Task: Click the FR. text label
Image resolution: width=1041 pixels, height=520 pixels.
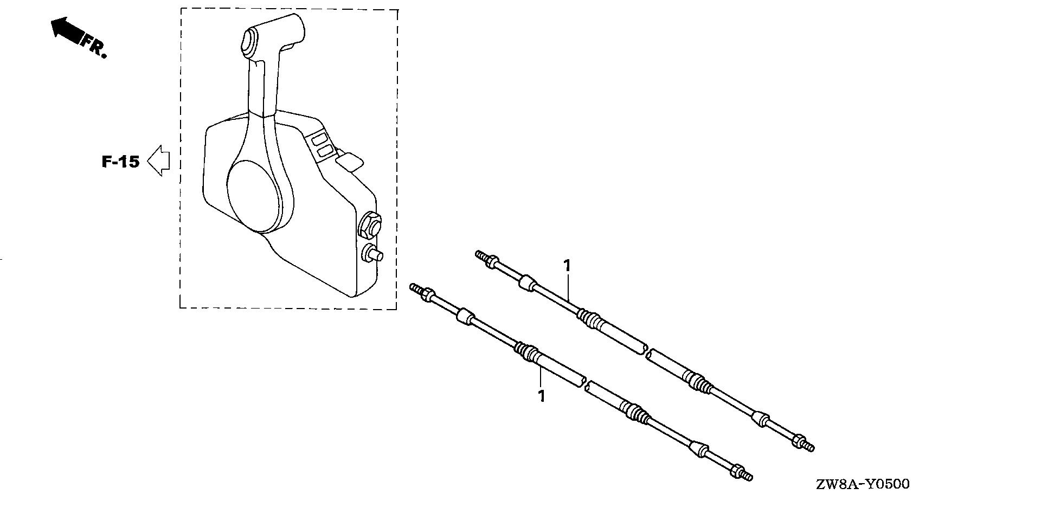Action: tap(94, 46)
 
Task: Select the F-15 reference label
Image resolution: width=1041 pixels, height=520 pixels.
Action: tap(120, 161)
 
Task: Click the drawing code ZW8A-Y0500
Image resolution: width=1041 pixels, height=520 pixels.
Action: tap(863, 483)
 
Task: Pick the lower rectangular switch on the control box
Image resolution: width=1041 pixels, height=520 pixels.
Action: tap(324, 151)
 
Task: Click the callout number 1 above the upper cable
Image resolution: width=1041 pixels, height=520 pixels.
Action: tap(567, 266)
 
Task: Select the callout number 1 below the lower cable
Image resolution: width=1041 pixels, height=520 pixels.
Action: tap(541, 396)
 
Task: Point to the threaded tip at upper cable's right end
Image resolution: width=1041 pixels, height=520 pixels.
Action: tap(808, 446)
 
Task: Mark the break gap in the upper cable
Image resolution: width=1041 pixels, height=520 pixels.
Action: tap(647, 351)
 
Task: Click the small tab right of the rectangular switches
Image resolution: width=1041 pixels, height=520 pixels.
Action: tap(350, 162)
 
